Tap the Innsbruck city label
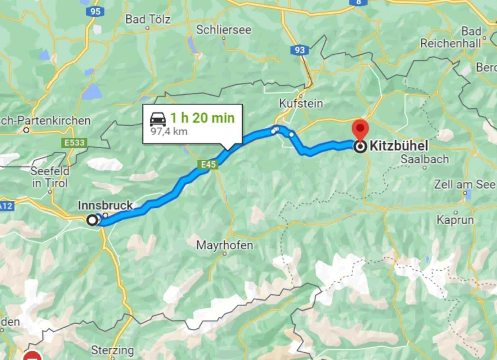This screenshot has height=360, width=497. coord(105,206)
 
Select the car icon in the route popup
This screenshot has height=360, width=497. coord(158,118)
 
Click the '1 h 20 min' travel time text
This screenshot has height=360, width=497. coord(202,118)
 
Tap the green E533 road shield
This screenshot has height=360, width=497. coord(75,143)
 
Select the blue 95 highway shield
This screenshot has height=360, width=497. coord(95,12)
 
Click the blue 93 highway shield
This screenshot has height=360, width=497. coord(300,50)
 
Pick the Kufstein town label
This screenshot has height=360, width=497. coord(301,104)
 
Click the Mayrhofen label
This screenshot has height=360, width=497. coord(224,246)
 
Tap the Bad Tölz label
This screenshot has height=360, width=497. coord(148,19)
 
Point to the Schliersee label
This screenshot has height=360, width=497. coord(223,30)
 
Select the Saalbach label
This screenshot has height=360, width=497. coord(425,159)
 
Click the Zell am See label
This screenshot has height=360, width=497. coord(465,184)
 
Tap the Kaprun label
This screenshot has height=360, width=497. coord(455,220)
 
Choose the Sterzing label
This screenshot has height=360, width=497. coord(112,350)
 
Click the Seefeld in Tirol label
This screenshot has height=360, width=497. coord(50,177)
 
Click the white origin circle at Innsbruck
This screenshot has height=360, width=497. coord(93,220)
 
